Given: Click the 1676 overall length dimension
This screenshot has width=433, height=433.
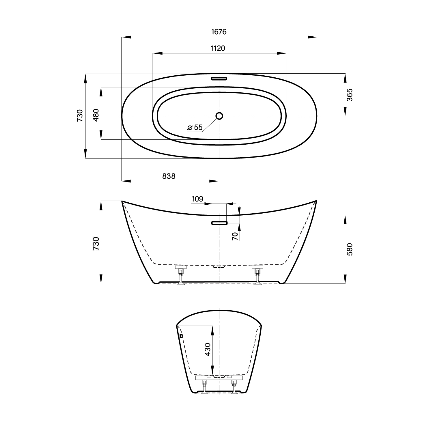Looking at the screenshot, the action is [219, 32].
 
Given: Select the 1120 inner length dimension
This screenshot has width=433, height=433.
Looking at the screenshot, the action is [218, 48].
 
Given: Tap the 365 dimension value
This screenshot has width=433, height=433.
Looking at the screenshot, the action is [349, 95].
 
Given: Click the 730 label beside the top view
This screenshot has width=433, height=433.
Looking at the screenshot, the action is [80, 115].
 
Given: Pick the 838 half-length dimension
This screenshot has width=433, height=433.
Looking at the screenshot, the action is [169, 176].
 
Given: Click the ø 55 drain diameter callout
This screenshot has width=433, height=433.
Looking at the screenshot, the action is [195, 127].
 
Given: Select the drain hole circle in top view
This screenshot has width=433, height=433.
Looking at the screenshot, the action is [219, 116].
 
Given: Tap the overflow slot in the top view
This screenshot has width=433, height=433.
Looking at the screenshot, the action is [219, 79].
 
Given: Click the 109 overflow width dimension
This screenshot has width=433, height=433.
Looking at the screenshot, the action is [197, 199].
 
